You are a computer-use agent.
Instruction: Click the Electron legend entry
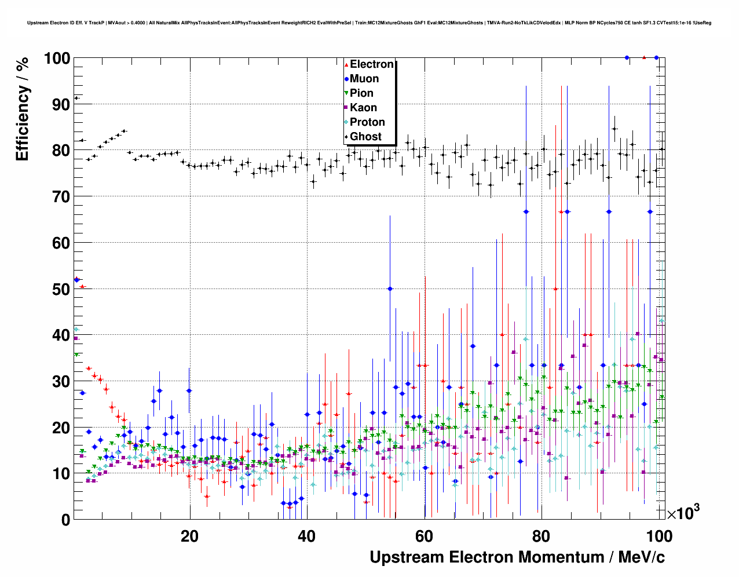click(x=371, y=64)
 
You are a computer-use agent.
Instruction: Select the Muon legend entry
click(x=364, y=79)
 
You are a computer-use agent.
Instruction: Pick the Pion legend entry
click(x=361, y=93)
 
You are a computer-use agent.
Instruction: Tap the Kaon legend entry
click(x=363, y=108)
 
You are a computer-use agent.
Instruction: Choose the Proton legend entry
click(x=367, y=122)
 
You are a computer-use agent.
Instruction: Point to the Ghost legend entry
click(x=365, y=137)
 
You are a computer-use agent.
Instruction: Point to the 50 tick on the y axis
click(x=61, y=289)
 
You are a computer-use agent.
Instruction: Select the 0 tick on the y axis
click(x=65, y=520)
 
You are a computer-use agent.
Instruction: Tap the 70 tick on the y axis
click(x=61, y=197)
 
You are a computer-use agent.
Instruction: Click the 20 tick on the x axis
click(x=189, y=536)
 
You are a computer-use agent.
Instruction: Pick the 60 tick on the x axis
click(x=424, y=536)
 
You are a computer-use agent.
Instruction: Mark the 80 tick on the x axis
click(x=542, y=536)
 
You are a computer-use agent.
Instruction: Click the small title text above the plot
click(x=370, y=23)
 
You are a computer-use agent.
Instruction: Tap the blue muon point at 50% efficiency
click(x=390, y=288)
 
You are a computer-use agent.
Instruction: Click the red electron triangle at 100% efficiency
click(x=644, y=57)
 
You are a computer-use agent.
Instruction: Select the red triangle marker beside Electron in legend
click(x=346, y=65)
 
